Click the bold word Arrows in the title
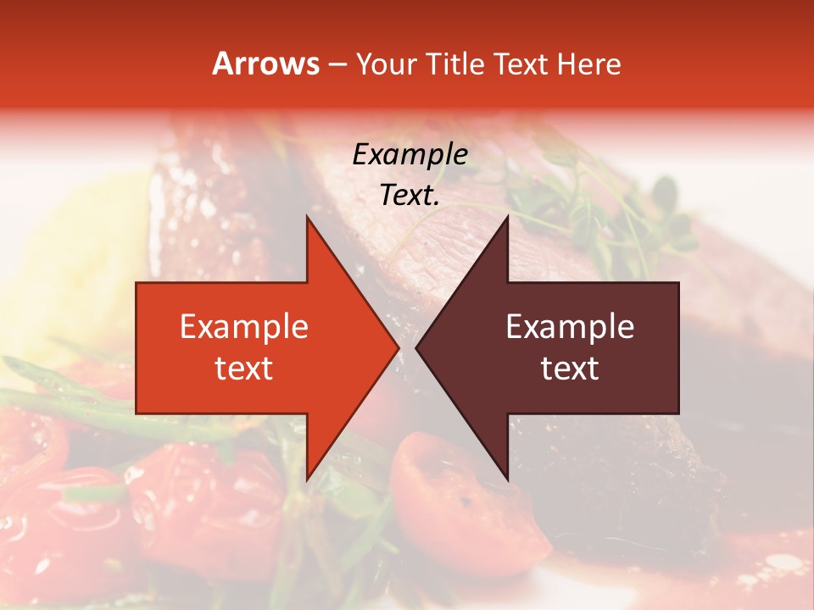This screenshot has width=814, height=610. pyautogui.click(x=266, y=64)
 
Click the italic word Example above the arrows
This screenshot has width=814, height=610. pyautogui.click(x=410, y=155)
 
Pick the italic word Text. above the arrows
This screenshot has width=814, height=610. pyautogui.click(x=410, y=195)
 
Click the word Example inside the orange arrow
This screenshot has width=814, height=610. pyautogui.click(x=244, y=326)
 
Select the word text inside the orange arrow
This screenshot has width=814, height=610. pyautogui.click(x=244, y=369)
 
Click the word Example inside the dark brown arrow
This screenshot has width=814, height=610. pyautogui.click(x=570, y=326)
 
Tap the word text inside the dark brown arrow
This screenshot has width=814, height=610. pyautogui.click(x=570, y=369)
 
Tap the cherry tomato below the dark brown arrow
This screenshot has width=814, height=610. pyautogui.click(x=462, y=500)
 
